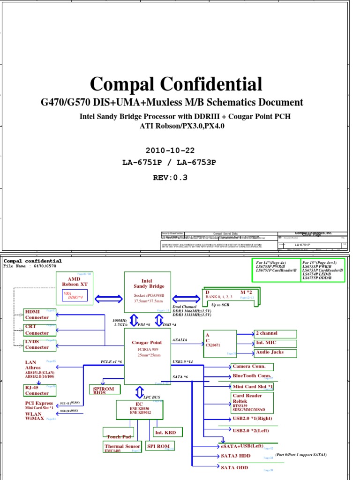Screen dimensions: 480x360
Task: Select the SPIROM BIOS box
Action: point(104,390)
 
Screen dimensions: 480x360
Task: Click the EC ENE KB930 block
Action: point(139,409)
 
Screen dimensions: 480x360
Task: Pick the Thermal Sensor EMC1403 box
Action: point(122,447)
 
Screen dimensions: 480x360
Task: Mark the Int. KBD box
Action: point(167,432)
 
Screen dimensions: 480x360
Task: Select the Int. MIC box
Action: point(275,343)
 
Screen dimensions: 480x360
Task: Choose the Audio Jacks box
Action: point(275,352)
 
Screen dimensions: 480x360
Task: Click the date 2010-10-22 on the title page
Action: point(170,150)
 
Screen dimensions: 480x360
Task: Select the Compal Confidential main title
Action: point(176,84)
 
